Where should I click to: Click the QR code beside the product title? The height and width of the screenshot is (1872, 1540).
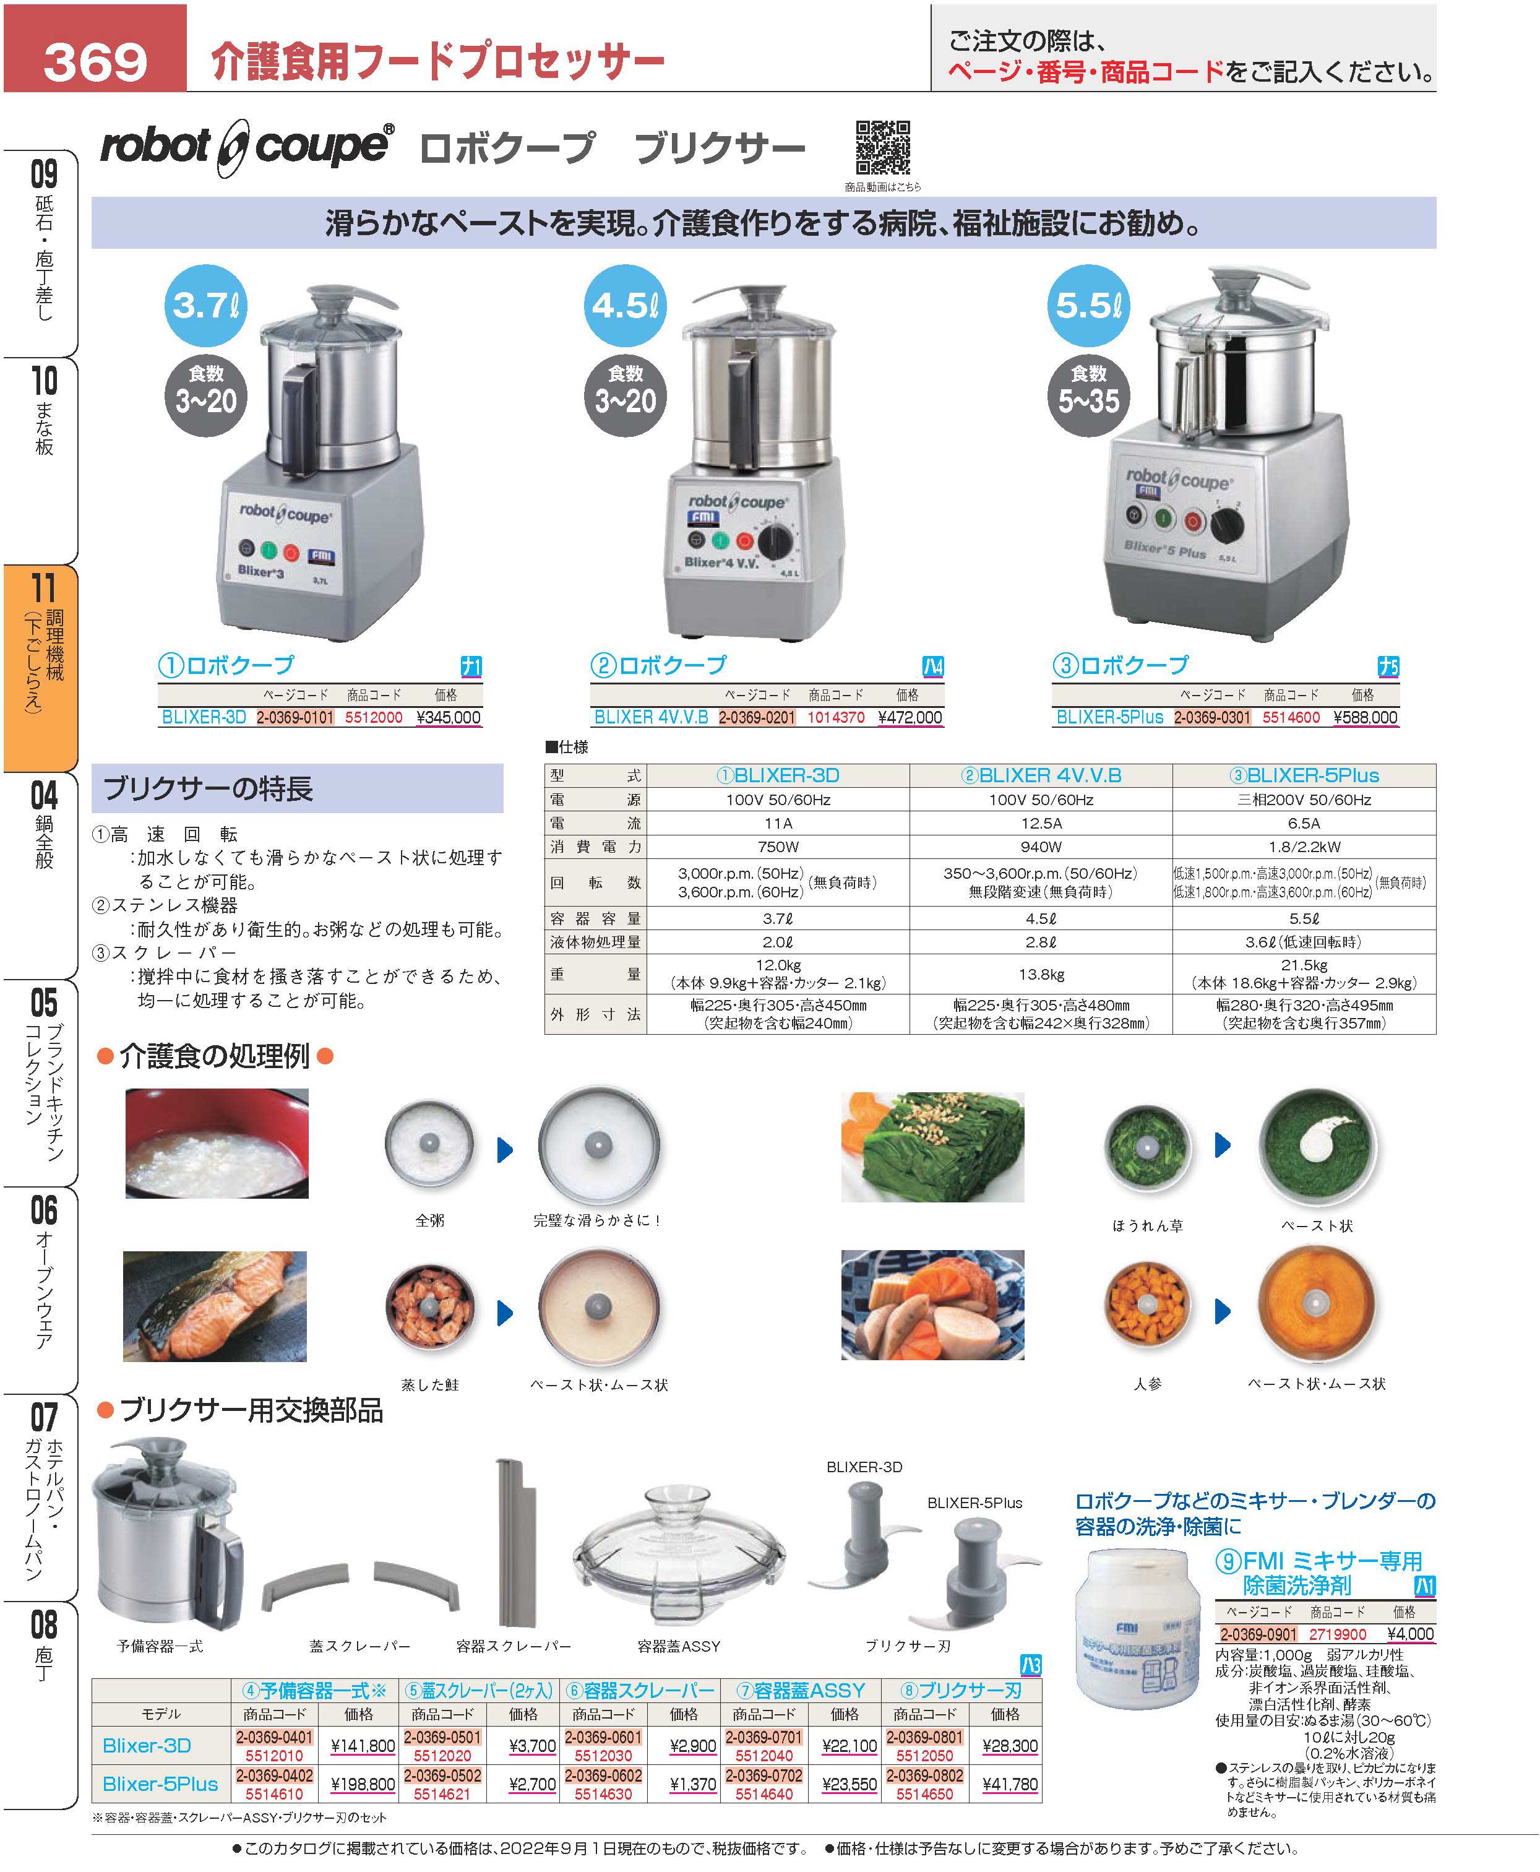(x=883, y=148)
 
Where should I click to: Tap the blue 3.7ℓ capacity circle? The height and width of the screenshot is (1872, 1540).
(x=206, y=305)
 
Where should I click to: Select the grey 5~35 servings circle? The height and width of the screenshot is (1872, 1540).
(x=1088, y=391)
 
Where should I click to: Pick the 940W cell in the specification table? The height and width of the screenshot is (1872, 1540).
(x=1041, y=847)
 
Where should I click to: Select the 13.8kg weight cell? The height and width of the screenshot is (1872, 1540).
(x=1041, y=974)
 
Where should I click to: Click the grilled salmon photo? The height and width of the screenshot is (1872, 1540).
(x=215, y=1306)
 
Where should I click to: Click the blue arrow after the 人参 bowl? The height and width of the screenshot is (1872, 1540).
(x=1223, y=1311)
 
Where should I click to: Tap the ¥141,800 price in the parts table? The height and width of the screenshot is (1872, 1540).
(x=362, y=1746)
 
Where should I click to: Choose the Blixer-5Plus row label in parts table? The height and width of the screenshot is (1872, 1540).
(x=161, y=1784)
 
